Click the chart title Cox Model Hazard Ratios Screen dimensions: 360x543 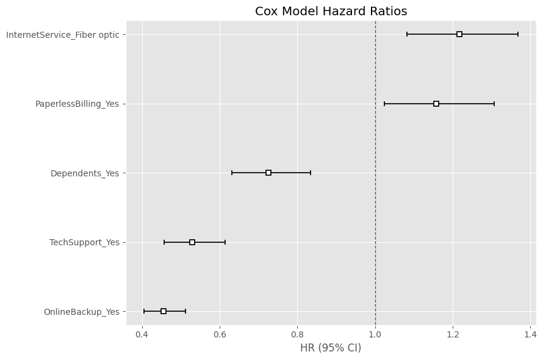[331, 11]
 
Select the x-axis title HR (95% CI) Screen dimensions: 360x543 [331, 348]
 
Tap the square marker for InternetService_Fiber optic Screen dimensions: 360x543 [459, 34]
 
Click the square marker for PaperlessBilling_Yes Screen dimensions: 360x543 [436, 104]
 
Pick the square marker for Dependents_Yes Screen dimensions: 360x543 [268, 173]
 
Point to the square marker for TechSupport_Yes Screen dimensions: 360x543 [192, 242]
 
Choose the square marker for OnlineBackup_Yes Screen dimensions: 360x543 [164, 311]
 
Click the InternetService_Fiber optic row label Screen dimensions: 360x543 [63, 35]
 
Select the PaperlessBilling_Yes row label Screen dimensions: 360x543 [77, 104]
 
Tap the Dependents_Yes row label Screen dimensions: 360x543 [85, 173]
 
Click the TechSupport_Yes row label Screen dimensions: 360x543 [84, 242]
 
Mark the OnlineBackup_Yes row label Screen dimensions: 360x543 [81, 312]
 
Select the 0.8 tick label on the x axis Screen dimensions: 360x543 [298, 334]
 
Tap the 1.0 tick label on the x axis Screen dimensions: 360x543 [375, 334]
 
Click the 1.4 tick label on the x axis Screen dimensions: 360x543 [530, 334]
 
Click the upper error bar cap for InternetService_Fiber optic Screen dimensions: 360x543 [518, 34]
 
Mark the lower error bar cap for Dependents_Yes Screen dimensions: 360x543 [232, 173]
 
